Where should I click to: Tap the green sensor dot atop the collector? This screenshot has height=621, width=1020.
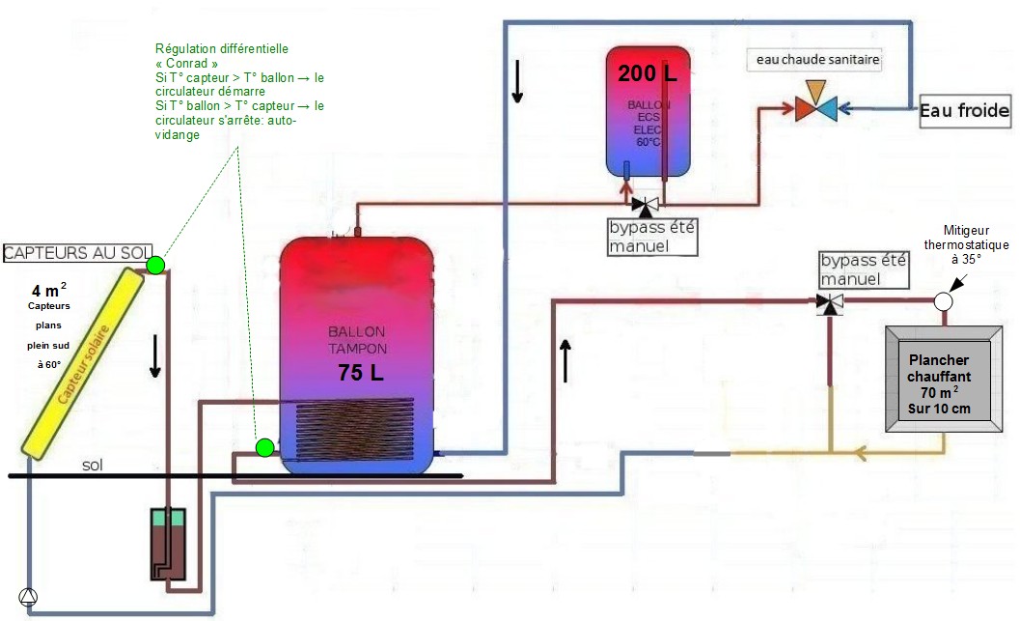tap(155, 264)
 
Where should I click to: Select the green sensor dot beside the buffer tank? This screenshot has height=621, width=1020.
tap(264, 447)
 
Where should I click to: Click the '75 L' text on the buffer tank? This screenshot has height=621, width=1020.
tap(360, 373)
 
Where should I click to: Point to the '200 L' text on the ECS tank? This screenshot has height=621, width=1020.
tap(648, 73)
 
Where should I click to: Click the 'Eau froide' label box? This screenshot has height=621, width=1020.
tap(964, 112)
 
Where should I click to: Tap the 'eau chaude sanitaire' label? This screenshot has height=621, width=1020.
tap(817, 60)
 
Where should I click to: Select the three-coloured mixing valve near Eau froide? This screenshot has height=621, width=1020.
tap(816, 106)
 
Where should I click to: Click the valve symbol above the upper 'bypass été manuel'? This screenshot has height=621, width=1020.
tap(646, 205)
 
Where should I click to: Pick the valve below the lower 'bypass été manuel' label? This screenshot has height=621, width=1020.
tap(828, 303)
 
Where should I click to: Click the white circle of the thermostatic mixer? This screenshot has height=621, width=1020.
tap(943, 300)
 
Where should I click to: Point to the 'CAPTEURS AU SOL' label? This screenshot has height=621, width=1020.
tap(73, 253)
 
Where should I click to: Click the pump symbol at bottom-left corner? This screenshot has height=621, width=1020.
tap(27, 597)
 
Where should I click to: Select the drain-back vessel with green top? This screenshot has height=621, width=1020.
tap(168, 546)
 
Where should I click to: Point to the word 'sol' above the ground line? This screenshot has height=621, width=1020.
tap(93, 465)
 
